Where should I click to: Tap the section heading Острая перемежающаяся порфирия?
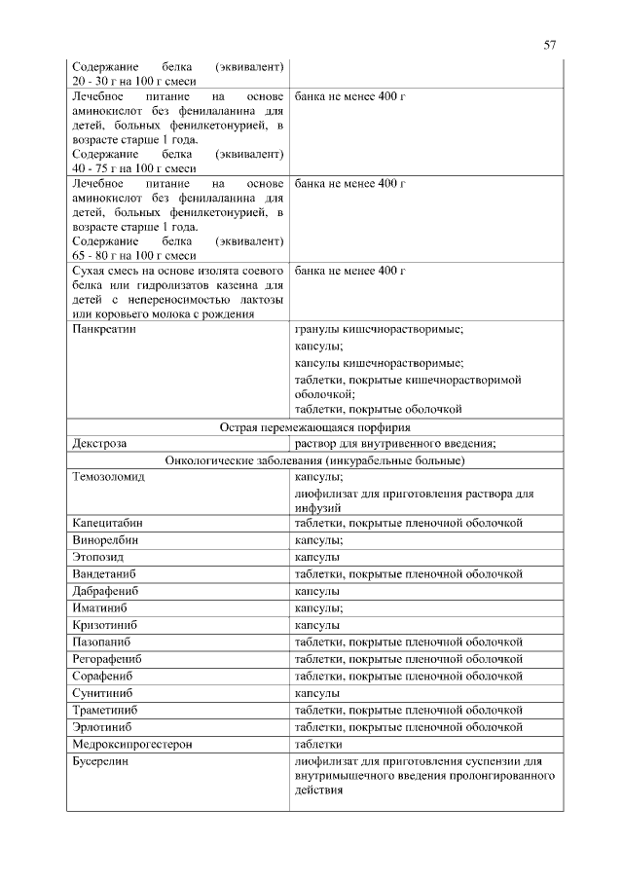(x=313, y=427)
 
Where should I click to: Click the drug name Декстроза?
(x=100, y=444)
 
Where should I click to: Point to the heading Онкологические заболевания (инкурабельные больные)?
(x=314, y=460)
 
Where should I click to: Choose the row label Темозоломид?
(x=108, y=477)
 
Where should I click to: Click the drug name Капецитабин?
(x=108, y=523)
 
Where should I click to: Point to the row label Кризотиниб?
(x=104, y=624)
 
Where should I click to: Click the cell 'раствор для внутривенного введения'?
(x=395, y=444)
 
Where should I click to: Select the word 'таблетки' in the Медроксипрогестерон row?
(x=317, y=744)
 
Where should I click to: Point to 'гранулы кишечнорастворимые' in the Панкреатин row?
(x=379, y=330)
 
